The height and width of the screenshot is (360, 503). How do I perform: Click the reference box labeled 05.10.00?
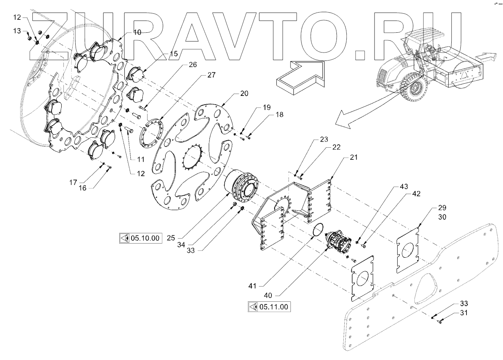140,239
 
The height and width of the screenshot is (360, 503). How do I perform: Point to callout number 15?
173,54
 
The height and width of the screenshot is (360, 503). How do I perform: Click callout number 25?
171,238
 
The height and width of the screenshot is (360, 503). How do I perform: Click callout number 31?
463,313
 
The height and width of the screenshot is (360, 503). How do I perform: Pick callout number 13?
17,31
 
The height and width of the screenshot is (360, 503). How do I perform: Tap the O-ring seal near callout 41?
317,231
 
